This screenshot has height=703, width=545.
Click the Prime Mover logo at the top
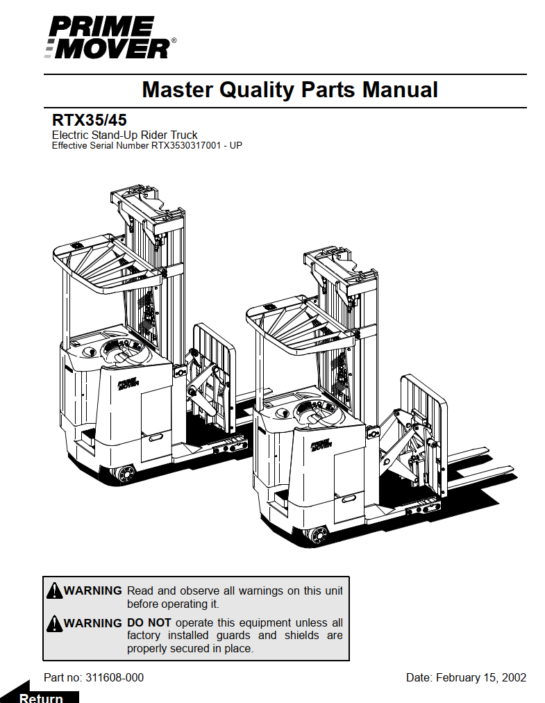tap(110, 38)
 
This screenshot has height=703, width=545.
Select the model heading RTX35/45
tap(89, 119)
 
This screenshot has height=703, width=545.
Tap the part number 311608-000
tap(115, 677)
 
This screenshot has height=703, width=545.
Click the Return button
tap(42, 697)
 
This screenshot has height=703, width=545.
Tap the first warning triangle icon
tap(54, 591)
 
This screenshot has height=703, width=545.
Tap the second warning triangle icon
tap(54, 623)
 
